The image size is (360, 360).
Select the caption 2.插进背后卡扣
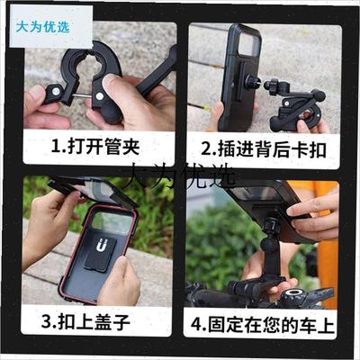click(x=261, y=148)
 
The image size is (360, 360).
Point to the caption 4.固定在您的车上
click(x=261, y=321)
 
